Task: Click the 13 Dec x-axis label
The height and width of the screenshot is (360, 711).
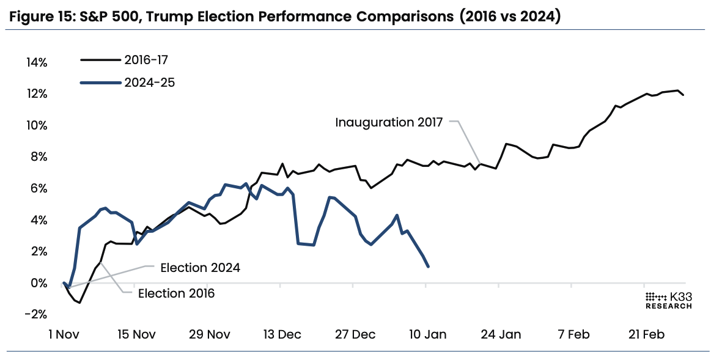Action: click(282, 334)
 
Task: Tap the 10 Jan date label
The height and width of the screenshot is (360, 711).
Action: click(427, 334)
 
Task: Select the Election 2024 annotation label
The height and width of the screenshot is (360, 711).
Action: click(200, 268)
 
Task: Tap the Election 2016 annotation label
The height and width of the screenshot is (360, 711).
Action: click(176, 293)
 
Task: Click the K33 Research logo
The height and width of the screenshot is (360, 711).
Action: click(668, 299)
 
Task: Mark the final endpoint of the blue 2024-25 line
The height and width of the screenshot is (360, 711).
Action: click(428, 266)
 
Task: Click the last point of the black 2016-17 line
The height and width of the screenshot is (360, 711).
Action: click(683, 95)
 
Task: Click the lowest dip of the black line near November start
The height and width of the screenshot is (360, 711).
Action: click(79, 303)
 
